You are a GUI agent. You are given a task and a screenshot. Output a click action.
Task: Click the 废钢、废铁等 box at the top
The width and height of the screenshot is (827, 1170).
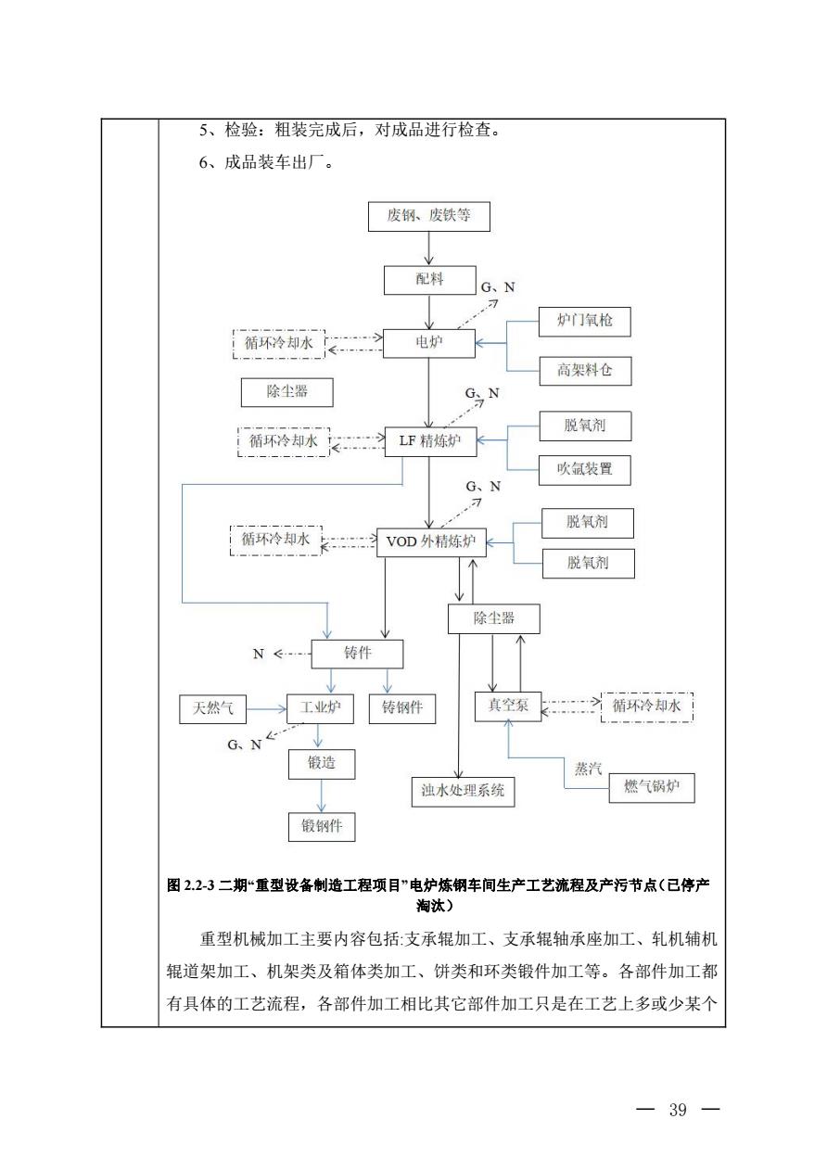[428, 216]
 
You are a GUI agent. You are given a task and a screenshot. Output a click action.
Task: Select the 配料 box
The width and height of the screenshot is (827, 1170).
[429, 279]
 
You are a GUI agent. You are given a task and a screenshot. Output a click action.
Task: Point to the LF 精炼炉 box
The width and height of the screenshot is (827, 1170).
[430, 441]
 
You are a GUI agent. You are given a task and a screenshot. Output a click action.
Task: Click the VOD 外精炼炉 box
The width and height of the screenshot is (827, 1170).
[430, 542]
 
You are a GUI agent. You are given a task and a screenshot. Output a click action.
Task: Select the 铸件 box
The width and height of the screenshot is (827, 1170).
[357, 654]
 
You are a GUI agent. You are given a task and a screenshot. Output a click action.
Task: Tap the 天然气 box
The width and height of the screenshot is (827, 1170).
[213, 709]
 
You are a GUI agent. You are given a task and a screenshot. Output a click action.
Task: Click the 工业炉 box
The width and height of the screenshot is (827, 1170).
[320, 709]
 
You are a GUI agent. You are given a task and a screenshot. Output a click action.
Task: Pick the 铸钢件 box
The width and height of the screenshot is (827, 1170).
[402, 708]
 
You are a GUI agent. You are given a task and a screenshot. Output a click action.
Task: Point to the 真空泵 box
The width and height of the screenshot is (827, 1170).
[507, 706]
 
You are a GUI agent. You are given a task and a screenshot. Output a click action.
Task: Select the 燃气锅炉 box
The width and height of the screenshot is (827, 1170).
[651, 788]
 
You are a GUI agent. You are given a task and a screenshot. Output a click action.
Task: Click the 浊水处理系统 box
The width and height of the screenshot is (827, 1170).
[463, 791]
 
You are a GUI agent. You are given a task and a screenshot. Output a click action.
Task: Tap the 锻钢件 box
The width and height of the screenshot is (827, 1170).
[322, 826]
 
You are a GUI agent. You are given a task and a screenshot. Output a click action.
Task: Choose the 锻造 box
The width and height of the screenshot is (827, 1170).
[321, 764]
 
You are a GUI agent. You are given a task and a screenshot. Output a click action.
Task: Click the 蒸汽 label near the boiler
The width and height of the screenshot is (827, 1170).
[588, 769]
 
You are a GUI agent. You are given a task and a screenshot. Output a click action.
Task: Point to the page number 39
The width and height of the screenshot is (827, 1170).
[677, 1111]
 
